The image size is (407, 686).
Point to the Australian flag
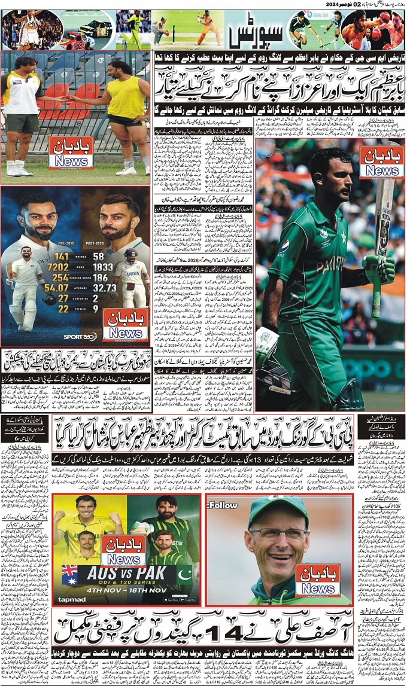pos(69,574)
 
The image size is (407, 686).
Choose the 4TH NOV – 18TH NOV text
pos(126,587)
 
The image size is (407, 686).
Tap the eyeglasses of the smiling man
pos(271,533)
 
